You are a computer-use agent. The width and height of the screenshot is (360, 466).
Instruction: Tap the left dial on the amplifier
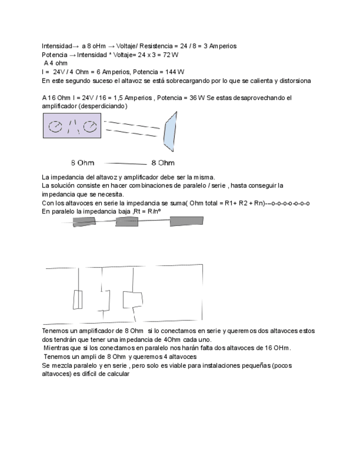[56, 127]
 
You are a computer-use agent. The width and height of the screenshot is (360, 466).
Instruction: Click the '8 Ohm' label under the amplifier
[82, 163]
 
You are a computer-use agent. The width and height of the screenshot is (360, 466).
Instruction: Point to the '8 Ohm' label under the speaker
[163, 163]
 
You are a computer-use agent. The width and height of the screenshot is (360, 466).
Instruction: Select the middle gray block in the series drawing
[126, 221]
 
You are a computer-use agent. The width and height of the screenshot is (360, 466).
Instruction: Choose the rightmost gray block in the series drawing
[186, 221]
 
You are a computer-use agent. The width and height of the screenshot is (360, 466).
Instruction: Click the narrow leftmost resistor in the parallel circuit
[77, 299]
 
